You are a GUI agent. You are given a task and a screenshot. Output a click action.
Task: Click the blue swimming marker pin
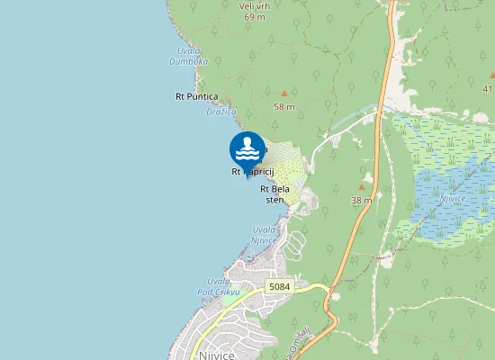247,150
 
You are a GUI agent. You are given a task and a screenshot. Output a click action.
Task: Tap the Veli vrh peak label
253,5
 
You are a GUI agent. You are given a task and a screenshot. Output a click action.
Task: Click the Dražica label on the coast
220,112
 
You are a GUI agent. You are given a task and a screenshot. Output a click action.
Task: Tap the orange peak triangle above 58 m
284,93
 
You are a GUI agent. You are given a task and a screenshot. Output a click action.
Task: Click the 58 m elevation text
284,106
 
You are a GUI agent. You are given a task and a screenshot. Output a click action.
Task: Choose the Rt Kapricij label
252,171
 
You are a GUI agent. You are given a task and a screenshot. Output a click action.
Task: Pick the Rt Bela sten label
274,193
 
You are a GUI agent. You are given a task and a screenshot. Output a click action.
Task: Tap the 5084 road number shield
280,286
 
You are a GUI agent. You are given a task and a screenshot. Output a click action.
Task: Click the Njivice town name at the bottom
212,355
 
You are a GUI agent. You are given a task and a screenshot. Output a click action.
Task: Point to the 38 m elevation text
362,200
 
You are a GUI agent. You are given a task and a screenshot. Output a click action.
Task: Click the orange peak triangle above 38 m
362,187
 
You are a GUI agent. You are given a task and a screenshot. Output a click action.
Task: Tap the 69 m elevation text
253,16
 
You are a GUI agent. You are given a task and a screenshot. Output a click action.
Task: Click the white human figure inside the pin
247,143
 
